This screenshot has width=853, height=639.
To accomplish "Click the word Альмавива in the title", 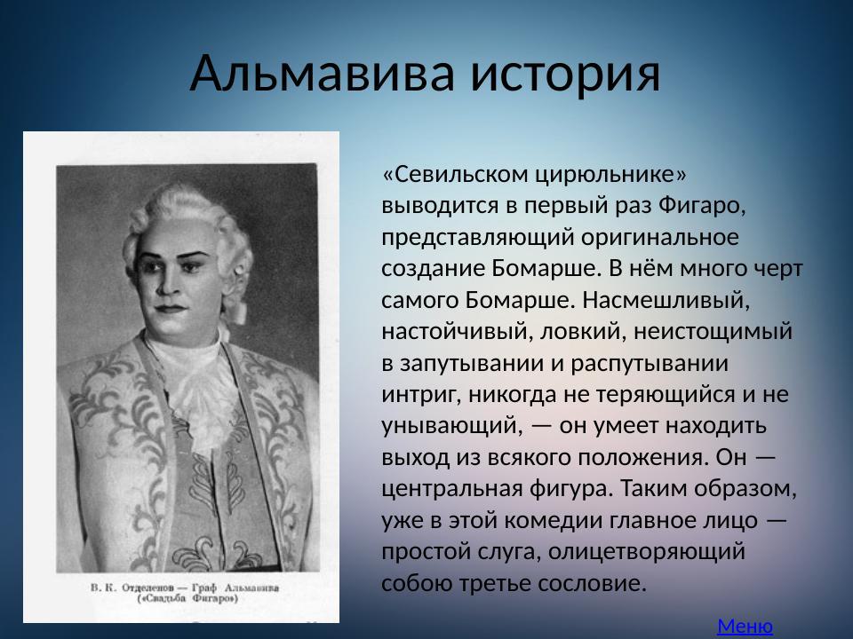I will (x=323, y=73).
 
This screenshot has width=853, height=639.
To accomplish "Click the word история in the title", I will (x=565, y=73).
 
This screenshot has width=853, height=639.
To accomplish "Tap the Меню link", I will (x=745, y=626).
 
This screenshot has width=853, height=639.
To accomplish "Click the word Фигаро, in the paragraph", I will (x=700, y=205).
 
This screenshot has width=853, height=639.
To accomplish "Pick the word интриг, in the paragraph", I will (x=415, y=393).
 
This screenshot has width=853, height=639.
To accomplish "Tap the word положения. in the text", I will (x=642, y=456).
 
